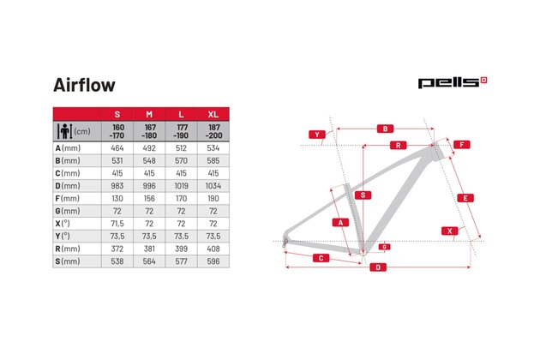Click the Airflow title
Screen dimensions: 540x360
(84, 85)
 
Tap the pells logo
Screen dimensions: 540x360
(453, 82)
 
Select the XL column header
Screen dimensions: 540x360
(213, 114)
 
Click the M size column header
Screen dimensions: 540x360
(149, 114)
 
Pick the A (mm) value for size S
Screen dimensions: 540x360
(117, 148)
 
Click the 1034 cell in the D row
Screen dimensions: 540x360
(213, 186)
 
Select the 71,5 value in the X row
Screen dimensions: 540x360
(117, 224)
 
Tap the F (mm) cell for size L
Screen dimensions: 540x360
(181, 199)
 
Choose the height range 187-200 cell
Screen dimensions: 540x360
(213, 131)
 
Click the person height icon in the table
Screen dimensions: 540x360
(65, 131)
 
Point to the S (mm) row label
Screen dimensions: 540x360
(68, 261)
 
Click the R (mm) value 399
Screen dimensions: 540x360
(181, 249)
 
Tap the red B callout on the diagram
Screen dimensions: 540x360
(385, 129)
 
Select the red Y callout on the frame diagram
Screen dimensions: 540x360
(317, 135)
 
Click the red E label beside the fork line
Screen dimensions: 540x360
(465, 198)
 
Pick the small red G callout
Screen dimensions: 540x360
(384, 247)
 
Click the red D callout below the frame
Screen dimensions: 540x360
(378, 267)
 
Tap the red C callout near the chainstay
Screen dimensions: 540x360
(321, 258)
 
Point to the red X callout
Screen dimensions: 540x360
(449, 231)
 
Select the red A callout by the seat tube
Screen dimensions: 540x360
(340, 223)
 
